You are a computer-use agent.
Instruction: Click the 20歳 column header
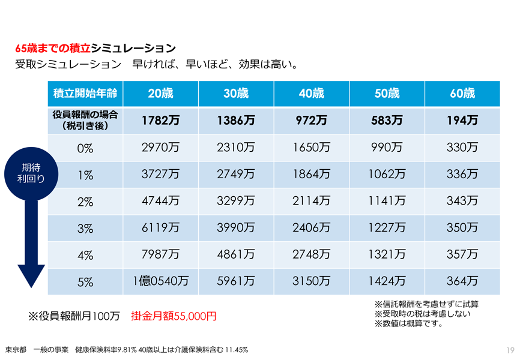(x=160, y=94)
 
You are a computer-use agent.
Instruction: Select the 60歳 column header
(x=462, y=94)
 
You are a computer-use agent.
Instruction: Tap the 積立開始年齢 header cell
(x=85, y=94)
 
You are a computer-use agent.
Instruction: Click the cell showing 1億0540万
(x=160, y=281)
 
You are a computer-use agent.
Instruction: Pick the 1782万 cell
(x=160, y=121)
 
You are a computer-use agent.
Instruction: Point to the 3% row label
(x=85, y=228)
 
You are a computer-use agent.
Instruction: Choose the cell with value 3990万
(x=236, y=228)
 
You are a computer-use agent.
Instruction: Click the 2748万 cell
(x=311, y=254)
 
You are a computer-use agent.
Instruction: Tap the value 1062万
(x=387, y=175)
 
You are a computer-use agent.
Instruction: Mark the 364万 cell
(x=462, y=281)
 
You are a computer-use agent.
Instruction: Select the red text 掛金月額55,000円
(x=174, y=316)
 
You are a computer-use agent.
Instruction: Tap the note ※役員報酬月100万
(x=74, y=316)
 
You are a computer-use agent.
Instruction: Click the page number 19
(x=510, y=350)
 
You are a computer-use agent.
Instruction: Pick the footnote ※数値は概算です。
(x=408, y=324)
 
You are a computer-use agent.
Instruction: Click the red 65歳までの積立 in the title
(x=53, y=48)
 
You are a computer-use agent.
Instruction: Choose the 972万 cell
(x=311, y=121)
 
